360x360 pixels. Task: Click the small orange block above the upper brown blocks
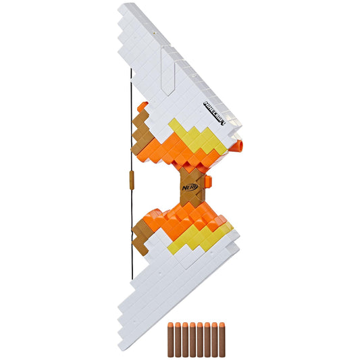(x=143, y=106)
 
